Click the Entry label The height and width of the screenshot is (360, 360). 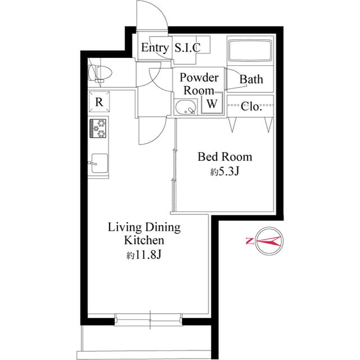[154, 48]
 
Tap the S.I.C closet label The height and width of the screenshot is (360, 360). [187, 48]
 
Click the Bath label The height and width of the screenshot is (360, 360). [251, 79]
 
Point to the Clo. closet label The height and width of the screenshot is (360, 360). [251, 106]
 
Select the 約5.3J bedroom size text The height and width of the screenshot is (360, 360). [225, 172]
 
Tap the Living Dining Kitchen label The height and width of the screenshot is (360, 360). [144, 233]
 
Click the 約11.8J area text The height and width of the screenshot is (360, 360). [144, 256]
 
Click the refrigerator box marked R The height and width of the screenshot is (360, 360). [98, 102]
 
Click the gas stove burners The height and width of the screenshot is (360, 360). [98, 128]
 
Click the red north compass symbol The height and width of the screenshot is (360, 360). [268, 241]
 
